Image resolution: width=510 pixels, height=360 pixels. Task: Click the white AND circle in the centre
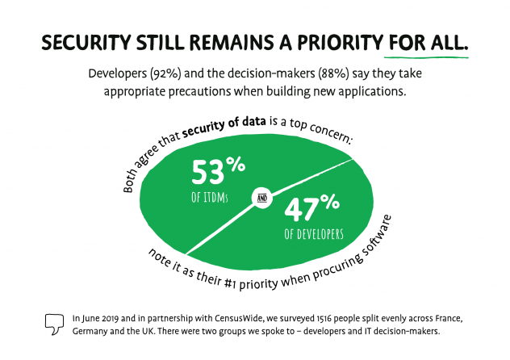point(263,196)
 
